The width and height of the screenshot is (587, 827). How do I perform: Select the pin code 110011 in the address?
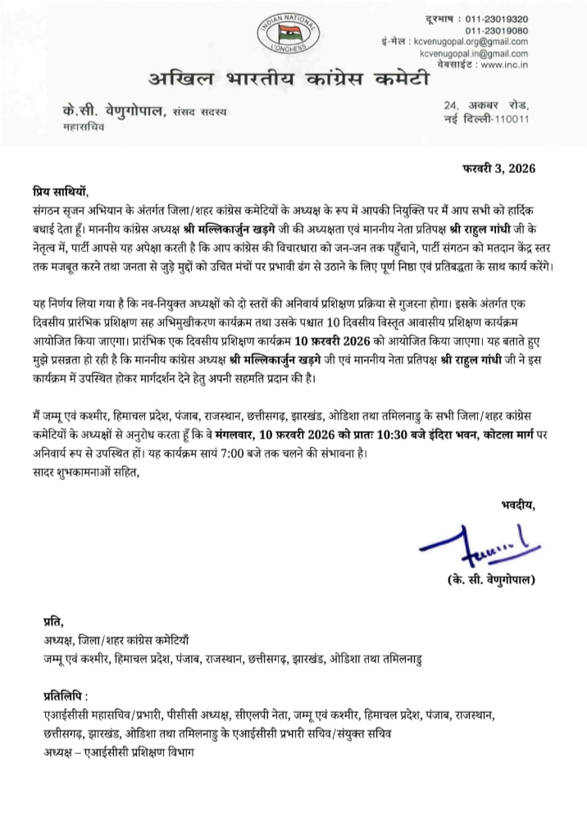[510, 119]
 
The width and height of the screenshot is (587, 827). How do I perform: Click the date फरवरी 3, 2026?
[494, 170]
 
